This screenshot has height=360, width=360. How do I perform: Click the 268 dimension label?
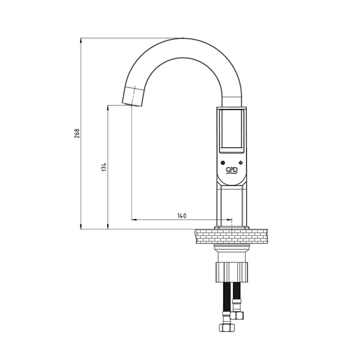point(77,133)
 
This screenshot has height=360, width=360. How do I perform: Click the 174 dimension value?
point(104,166)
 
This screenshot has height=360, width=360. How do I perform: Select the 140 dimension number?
point(181,216)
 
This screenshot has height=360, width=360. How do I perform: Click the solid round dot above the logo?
point(224,163)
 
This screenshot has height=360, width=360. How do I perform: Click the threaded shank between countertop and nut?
point(231,253)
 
